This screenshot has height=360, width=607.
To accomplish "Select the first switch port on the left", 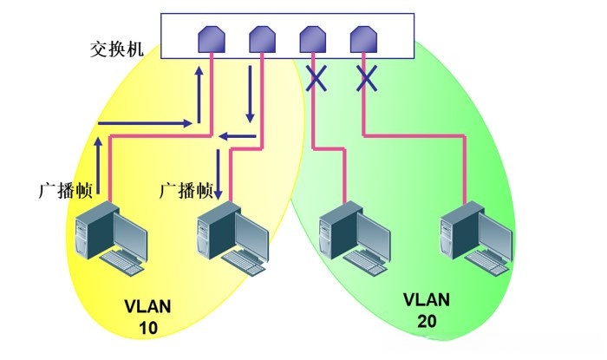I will [x=211, y=39].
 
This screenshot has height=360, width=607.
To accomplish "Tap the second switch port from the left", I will [x=261, y=39].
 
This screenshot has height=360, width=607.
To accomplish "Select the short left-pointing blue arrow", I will [x=236, y=135].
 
